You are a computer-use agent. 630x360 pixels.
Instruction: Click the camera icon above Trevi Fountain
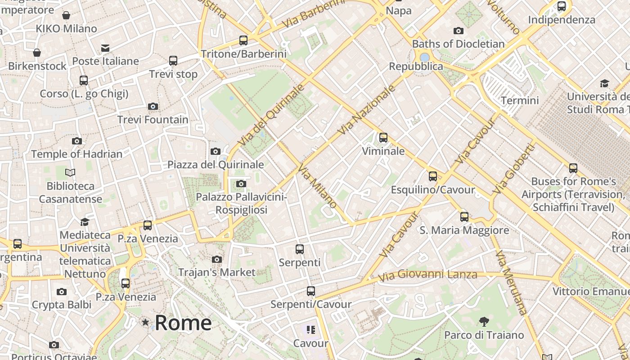click(x=153, y=107)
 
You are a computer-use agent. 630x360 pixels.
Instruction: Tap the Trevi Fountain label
click(x=153, y=120)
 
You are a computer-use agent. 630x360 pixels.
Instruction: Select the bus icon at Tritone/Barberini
click(x=243, y=40)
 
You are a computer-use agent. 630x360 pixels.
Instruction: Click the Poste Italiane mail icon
click(x=105, y=48)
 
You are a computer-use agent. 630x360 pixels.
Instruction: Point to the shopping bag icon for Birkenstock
click(x=37, y=53)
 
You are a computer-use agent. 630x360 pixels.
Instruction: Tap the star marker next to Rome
click(x=145, y=322)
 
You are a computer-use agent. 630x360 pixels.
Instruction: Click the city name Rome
click(x=183, y=323)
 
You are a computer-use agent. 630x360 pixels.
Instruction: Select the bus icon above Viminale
click(x=383, y=138)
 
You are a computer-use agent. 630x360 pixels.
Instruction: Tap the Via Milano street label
click(x=317, y=186)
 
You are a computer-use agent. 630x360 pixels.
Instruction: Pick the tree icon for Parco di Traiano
click(x=484, y=322)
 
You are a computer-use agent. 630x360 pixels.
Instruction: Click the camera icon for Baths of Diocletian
click(x=459, y=31)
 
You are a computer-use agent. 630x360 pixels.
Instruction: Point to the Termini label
click(x=520, y=100)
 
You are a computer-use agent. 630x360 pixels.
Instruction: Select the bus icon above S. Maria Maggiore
click(x=464, y=217)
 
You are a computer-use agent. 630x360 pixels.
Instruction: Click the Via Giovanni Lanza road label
click(x=427, y=274)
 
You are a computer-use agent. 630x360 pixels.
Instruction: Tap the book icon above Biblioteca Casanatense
click(x=70, y=172)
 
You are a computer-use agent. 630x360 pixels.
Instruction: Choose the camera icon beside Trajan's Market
click(x=217, y=259)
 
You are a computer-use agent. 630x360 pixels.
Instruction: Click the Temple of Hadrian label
click(x=77, y=154)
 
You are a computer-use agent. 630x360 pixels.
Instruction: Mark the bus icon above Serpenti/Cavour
click(x=311, y=291)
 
